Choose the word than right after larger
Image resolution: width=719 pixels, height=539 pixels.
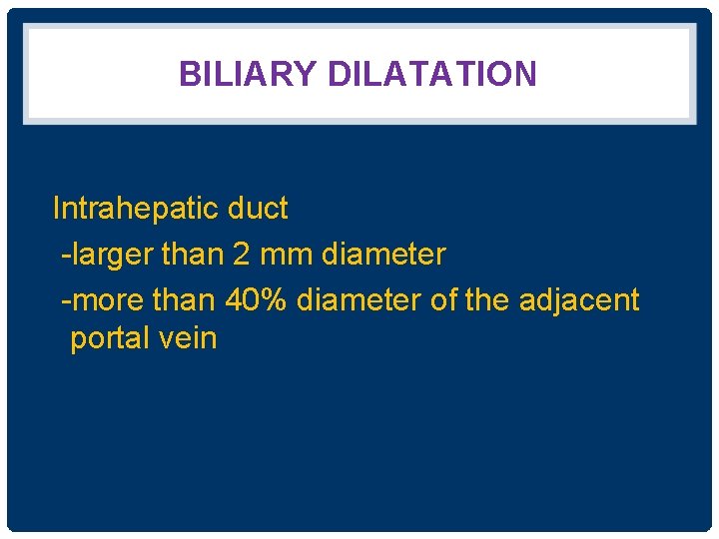point(193,255)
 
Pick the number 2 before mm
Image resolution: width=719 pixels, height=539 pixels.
point(242,255)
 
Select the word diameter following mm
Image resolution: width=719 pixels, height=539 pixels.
point(383,255)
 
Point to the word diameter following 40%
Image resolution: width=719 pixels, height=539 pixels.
point(359,299)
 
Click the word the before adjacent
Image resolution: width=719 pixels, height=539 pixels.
point(487,299)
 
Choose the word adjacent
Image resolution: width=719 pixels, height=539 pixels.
point(579,299)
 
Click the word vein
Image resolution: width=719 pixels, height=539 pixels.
point(187,338)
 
